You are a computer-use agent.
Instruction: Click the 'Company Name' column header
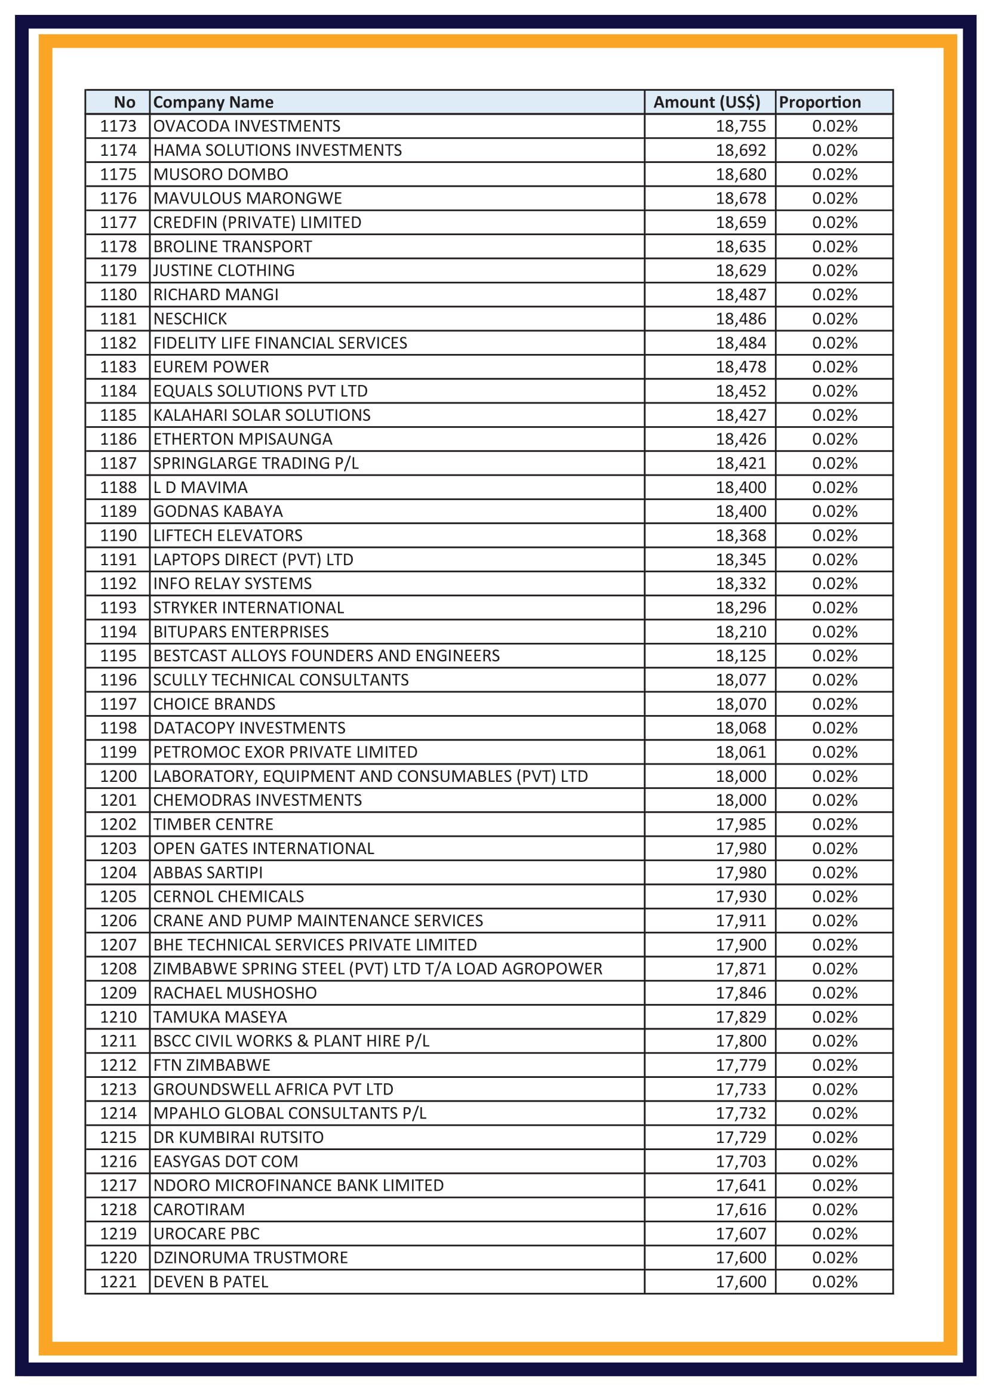pos(213,102)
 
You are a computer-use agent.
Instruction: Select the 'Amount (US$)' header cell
pos(706,102)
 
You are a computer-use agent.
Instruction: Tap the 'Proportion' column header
pos(819,102)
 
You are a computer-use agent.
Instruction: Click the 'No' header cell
pos(124,102)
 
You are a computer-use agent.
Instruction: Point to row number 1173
pos(118,126)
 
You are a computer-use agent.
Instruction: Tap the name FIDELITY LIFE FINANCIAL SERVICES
pos(280,343)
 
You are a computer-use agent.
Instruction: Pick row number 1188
pos(118,487)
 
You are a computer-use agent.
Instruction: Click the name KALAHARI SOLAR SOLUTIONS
pos(262,415)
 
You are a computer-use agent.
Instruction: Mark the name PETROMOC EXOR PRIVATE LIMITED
pos(285,752)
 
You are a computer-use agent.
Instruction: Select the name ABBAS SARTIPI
pos(207,873)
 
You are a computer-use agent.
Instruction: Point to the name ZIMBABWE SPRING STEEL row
pos(377,969)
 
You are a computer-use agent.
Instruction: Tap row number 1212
pos(118,1065)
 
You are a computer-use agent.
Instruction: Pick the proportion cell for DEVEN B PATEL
pos(834,1281)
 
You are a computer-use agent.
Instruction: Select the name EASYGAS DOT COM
pos(225,1161)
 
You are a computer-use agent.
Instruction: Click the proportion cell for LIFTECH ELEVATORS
pos(834,535)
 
